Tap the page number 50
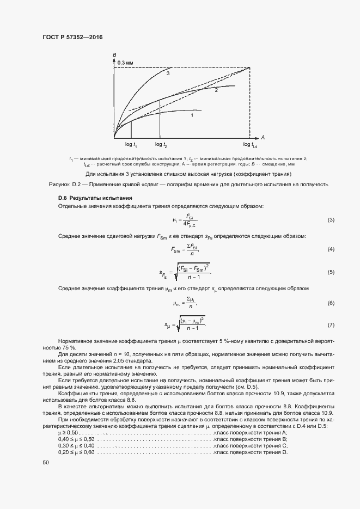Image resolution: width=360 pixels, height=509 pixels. pos(46,463)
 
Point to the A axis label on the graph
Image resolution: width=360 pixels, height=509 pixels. pos(262,137)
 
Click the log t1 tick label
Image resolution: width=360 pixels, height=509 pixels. pos(131,144)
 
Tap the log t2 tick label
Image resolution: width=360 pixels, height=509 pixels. pos(161,144)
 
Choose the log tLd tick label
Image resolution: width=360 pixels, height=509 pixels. pos(251,144)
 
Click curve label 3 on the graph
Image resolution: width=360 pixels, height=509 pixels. pos(168,73)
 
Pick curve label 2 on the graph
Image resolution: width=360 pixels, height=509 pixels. pos(216,90)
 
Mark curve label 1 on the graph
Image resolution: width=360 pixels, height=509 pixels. pos(192,115)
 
